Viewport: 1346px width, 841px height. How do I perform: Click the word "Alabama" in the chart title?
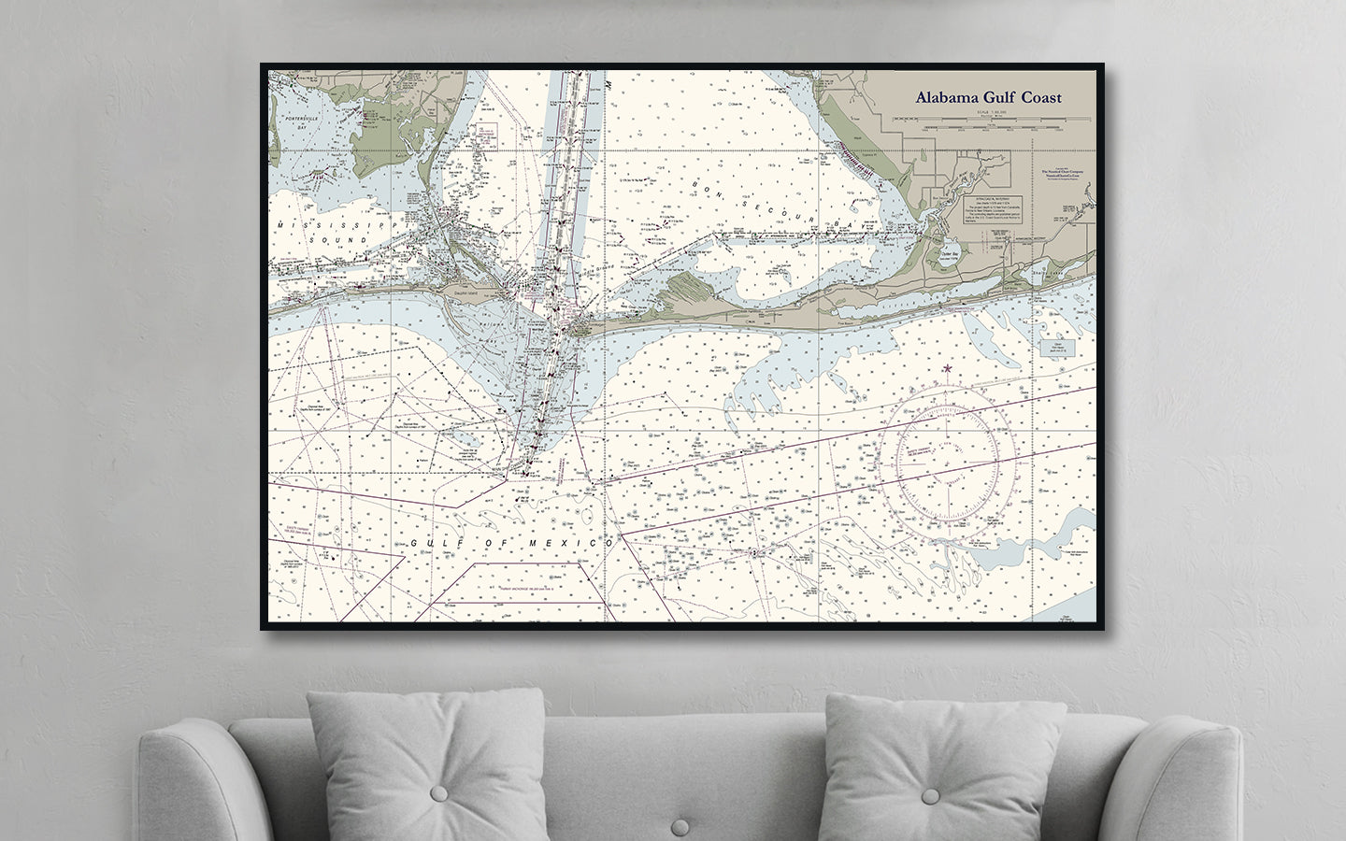point(947,97)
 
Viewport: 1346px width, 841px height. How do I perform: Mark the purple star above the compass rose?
point(947,368)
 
